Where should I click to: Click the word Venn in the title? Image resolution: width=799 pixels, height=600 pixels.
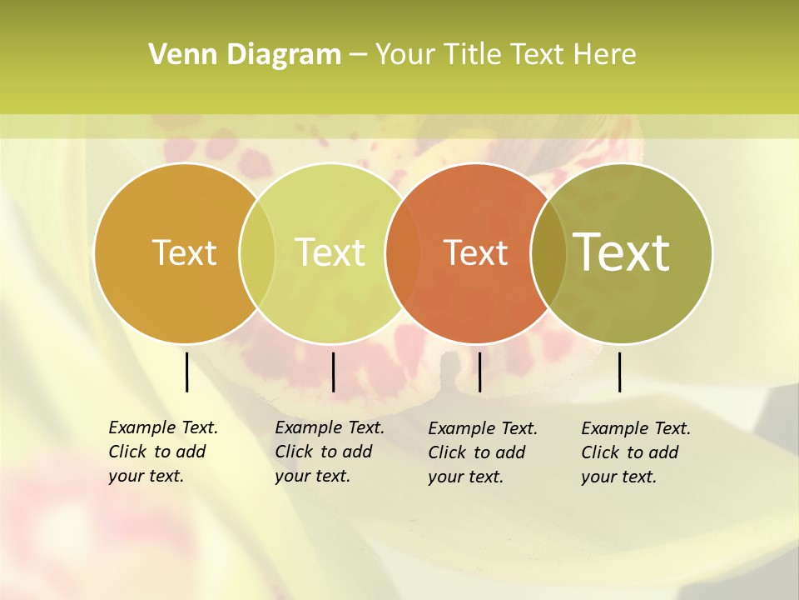coord(176,55)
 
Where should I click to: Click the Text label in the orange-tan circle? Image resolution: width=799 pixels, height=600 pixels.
coord(184,252)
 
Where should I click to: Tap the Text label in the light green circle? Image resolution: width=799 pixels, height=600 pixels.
coord(330,252)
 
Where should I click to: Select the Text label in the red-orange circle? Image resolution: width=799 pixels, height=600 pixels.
coord(475,252)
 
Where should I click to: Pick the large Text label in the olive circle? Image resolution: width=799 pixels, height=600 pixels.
coord(622,252)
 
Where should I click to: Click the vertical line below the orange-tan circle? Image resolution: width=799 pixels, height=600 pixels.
coord(186,372)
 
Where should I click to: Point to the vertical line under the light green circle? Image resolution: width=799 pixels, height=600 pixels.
coord(333,372)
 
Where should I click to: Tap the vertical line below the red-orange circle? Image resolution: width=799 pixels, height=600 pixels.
coord(479,372)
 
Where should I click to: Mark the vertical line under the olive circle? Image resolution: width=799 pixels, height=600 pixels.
coord(619,372)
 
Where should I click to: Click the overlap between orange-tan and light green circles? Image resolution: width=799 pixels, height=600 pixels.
coord(257,252)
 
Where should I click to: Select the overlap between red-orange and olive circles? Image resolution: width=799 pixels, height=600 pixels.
coord(548,252)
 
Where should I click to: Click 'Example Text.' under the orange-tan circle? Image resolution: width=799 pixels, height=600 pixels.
coord(163,427)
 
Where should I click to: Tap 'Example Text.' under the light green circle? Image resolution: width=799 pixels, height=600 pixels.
coord(330,427)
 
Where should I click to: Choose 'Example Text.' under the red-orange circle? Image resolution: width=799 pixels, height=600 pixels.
coord(483,428)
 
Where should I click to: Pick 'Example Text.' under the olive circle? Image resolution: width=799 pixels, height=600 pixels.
coord(636,428)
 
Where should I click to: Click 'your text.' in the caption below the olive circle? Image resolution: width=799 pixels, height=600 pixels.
coord(618,477)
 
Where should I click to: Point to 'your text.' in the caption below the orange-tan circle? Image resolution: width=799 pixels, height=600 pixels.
coord(146,476)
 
